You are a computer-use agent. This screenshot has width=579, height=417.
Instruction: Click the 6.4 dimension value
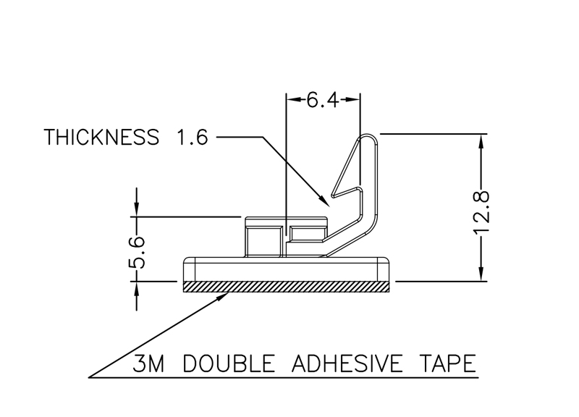323,100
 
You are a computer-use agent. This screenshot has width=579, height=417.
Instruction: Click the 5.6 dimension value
137,251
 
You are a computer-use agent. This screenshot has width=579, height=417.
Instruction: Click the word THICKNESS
101,137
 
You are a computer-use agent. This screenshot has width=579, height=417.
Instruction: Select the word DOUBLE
228,363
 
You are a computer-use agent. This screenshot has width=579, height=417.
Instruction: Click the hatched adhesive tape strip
287,287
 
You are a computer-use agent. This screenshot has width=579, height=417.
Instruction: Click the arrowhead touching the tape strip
225,294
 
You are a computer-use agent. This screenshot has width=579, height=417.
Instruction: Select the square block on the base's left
264,241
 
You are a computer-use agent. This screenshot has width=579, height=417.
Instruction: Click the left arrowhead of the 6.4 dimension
292,100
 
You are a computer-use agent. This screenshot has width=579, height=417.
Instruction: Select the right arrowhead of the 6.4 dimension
355,100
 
